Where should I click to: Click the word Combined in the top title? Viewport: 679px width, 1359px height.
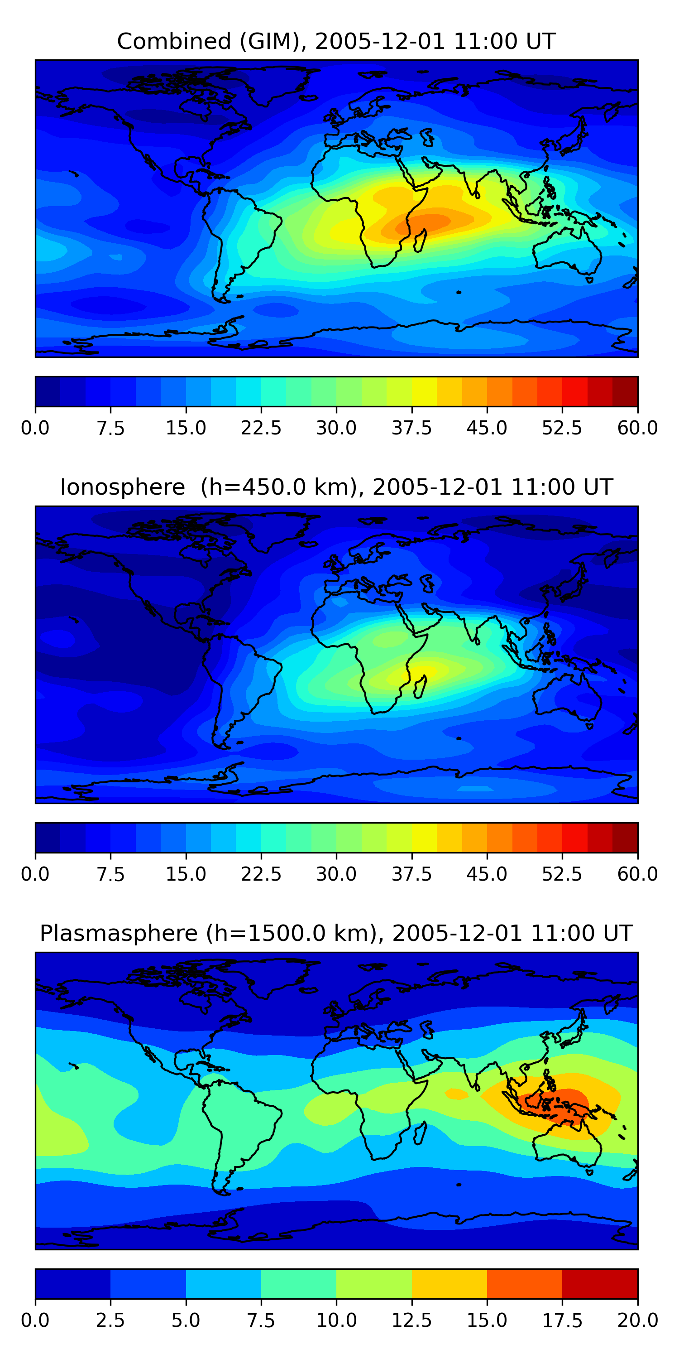(174, 41)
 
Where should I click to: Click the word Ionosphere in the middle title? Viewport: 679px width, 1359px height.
(123, 487)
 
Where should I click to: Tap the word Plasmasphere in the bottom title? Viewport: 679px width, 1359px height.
(119, 934)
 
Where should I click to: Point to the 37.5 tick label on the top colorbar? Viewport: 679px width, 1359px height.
(412, 428)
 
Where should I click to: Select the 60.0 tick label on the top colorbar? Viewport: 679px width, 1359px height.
(637, 428)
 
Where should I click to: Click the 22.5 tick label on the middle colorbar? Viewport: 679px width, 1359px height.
(261, 874)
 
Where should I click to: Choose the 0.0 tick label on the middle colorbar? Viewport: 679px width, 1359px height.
(35, 874)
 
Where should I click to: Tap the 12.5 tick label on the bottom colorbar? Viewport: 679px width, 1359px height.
(412, 1320)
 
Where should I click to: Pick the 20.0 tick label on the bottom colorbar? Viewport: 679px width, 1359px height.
(637, 1320)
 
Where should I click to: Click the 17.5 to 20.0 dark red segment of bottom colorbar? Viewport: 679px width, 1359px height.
(600, 1283)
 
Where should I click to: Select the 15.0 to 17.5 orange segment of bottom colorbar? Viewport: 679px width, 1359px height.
(525, 1283)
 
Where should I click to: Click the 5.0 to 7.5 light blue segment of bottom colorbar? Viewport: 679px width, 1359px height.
(224, 1283)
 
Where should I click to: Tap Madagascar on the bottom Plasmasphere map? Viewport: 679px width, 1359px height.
(420, 1133)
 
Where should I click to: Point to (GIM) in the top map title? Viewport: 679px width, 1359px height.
(273, 41)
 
